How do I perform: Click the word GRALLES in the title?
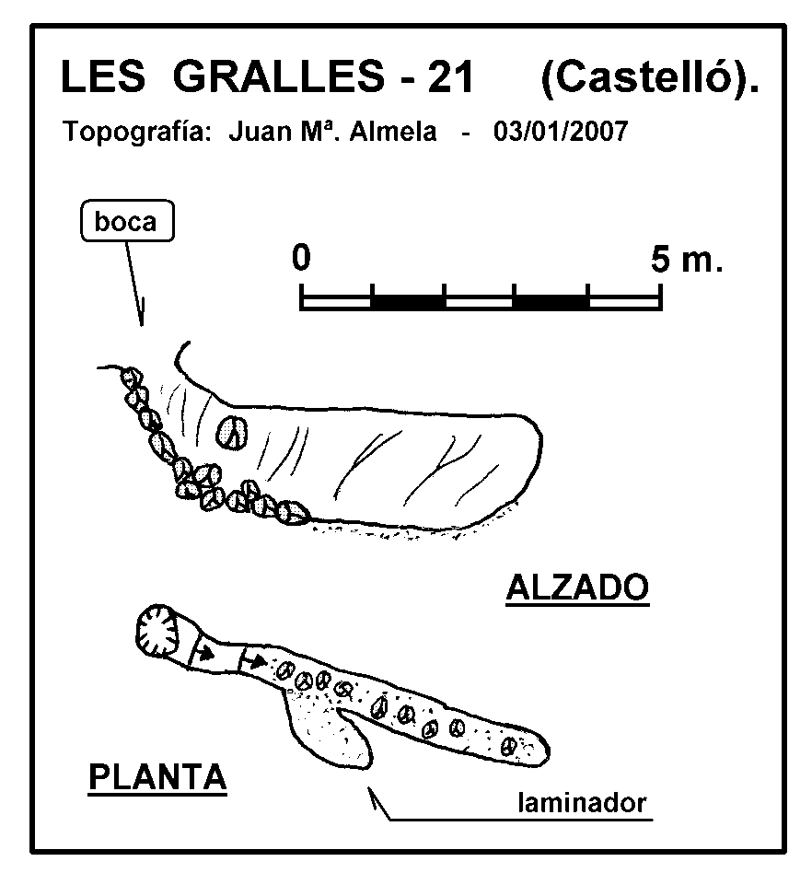(x=278, y=76)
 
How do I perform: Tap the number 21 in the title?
(x=451, y=76)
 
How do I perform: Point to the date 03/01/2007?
(x=561, y=132)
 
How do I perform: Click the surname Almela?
(x=393, y=132)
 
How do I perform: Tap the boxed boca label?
(x=127, y=220)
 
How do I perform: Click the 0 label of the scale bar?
(x=301, y=257)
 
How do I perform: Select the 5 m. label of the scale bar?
(x=687, y=260)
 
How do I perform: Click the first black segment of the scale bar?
(x=408, y=302)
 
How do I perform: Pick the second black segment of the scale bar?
(x=551, y=302)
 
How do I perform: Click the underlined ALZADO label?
(x=577, y=588)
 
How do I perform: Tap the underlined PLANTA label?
(x=157, y=777)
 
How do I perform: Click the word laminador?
(x=582, y=803)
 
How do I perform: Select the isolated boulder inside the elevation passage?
(x=231, y=432)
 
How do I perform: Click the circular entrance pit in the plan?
(x=157, y=630)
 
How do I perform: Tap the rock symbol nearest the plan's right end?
(x=509, y=746)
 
